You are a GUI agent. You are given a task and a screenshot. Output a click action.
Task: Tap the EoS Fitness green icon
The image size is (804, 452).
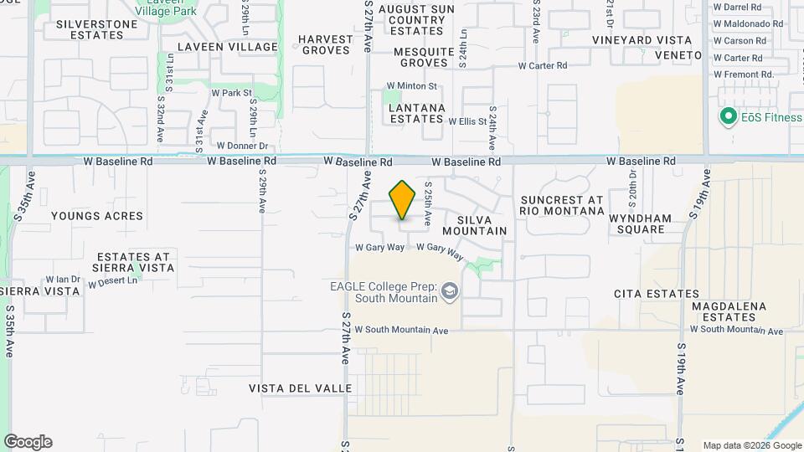(x=728, y=117)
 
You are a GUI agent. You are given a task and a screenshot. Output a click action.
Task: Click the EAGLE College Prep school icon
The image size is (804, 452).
(x=450, y=290)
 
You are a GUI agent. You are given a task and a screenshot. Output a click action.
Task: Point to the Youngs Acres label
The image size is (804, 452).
(x=97, y=216)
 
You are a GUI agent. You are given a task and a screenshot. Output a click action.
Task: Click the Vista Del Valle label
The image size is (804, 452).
(x=294, y=388)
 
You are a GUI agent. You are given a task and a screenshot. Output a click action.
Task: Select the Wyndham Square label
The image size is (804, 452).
(x=640, y=223)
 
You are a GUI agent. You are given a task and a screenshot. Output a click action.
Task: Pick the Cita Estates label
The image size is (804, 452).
(x=656, y=294)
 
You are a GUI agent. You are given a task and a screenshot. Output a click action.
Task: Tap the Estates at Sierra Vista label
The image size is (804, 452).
(x=135, y=262)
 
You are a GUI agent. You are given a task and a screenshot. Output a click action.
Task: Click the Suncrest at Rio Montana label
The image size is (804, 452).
(x=561, y=205)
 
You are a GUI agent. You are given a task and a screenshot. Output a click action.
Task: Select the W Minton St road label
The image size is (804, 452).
(x=411, y=86)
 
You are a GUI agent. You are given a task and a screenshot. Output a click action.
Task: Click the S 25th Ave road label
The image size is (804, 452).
(x=427, y=203)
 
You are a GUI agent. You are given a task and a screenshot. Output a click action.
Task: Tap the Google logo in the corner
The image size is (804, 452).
(x=28, y=442)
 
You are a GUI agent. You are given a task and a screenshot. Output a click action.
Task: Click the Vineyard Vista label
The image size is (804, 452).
(x=642, y=40)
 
